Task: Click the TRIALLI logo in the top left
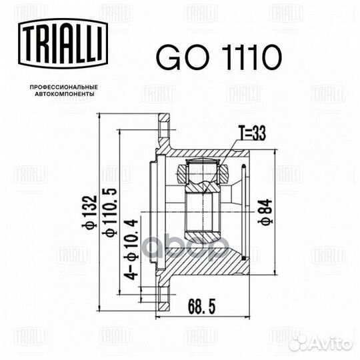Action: point(63,43)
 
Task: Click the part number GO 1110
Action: point(219,57)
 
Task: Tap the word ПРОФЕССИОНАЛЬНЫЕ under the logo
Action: point(64,87)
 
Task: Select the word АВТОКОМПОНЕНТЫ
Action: point(65,94)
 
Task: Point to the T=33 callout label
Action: point(252,133)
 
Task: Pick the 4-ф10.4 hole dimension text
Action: point(131,249)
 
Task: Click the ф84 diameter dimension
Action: point(265,212)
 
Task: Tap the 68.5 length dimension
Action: point(202,307)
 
